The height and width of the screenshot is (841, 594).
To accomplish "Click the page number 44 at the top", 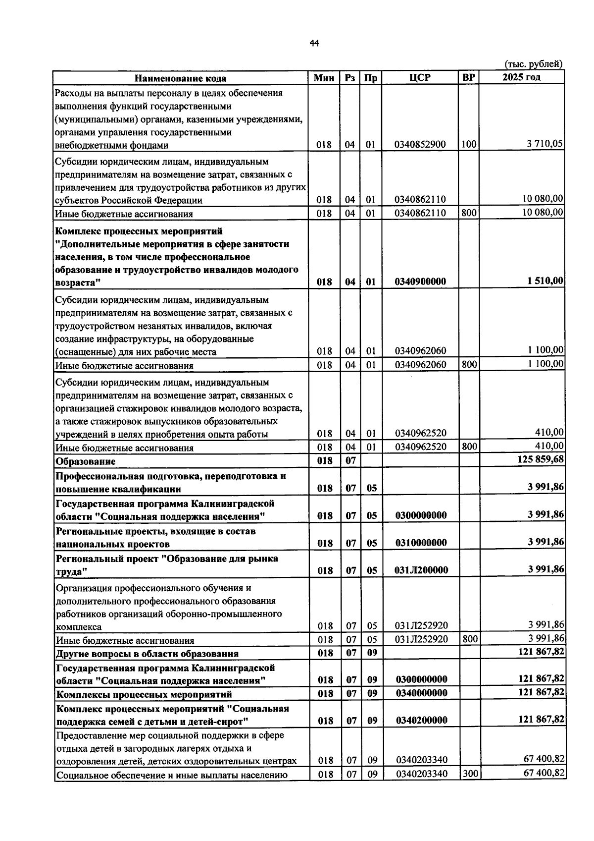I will pyautogui.click(x=314, y=44).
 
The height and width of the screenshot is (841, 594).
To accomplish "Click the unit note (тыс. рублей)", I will pyautogui.click(x=534, y=64).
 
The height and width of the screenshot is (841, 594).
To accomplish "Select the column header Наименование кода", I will pyautogui.click(x=181, y=78).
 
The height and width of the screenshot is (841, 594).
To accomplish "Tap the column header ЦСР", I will pyautogui.click(x=420, y=78).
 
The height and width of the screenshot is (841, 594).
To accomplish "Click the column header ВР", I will pyautogui.click(x=468, y=78).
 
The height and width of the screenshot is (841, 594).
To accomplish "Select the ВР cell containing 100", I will pyautogui.click(x=468, y=144).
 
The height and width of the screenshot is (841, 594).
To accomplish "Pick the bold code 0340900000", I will pyautogui.click(x=420, y=281).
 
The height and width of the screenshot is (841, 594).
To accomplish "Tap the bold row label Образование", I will pyautogui.click(x=86, y=461).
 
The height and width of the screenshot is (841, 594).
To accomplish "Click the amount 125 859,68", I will pyautogui.click(x=541, y=459).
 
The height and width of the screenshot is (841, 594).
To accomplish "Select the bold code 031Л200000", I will pyautogui.click(x=421, y=570).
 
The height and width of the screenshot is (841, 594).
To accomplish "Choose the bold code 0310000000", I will pyautogui.click(x=420, y=543).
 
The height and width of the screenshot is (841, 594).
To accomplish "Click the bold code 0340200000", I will pyautogui.click(x=421, y=721).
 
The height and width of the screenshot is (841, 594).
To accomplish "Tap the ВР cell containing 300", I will pyautogui.click(x=469, y=773).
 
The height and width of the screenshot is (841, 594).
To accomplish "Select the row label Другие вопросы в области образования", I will pyautogui.click(x=147, y=653).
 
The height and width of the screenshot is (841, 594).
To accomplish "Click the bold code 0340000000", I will pyautogui.click(x=421, y=693).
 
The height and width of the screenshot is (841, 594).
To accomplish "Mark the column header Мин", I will pyautogui.click(x=324, y=78).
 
